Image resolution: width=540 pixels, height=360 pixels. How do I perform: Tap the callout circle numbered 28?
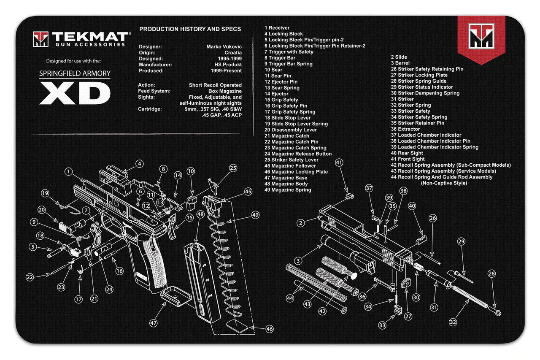pos(491,274)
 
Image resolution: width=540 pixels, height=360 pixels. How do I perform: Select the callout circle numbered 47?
pos(154,322)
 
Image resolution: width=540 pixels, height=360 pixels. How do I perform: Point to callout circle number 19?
pos(45,193)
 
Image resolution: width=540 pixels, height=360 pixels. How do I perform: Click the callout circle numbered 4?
pos(139,164)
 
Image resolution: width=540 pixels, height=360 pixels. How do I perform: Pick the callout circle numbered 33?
pos(382,325)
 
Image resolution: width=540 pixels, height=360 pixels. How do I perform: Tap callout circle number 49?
pos(255,214)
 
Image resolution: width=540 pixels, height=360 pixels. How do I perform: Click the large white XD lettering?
pos(75,93)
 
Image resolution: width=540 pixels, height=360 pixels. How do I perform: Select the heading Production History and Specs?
pos(190,29)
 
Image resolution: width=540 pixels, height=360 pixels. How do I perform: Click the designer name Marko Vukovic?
pos(224,46)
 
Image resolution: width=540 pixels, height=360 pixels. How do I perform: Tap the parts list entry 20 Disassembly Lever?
pos(291,130)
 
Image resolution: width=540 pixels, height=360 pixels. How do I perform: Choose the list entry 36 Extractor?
pos(405,129)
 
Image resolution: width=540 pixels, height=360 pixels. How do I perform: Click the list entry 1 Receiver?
pos(277,28)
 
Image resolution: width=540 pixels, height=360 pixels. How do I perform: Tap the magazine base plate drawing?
pos(174,296)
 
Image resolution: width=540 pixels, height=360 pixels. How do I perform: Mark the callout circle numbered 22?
pos(30,277)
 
